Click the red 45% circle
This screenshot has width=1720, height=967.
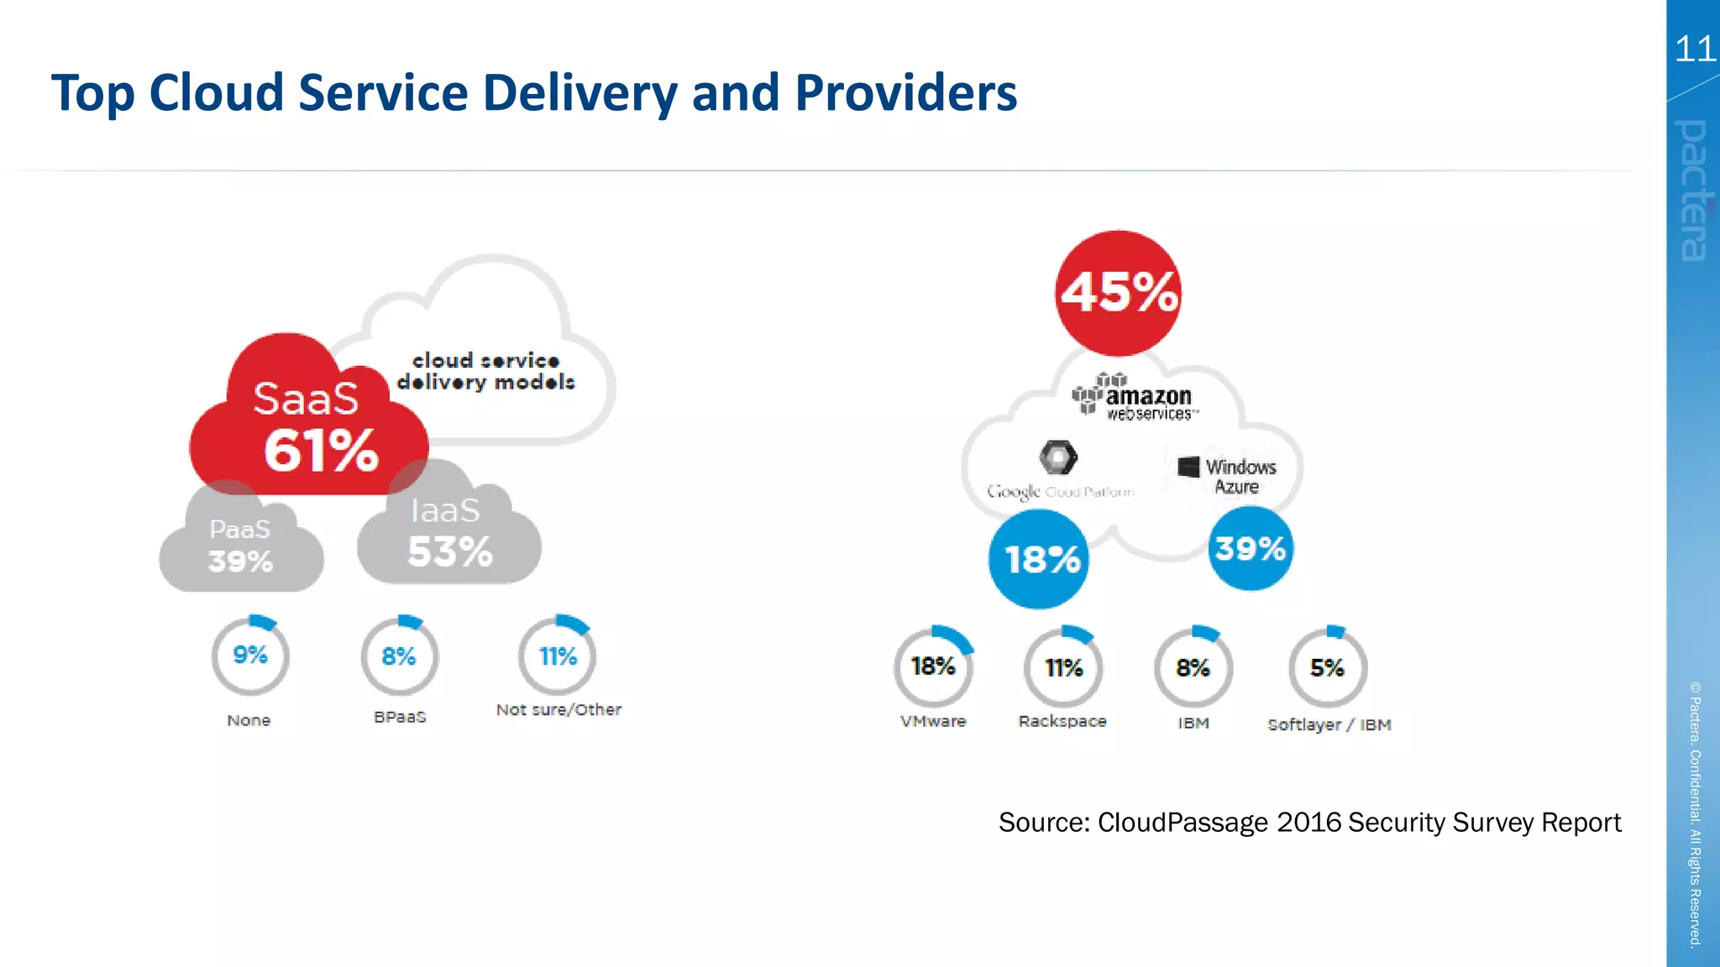pos(1118,293)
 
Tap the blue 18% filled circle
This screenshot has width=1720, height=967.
pos(1039,559)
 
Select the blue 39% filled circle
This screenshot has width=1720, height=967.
pos(1251,549)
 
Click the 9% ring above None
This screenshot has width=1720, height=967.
pos(250,656)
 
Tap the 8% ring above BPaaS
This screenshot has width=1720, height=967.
pos(399,656)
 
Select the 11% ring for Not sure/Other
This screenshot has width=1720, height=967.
pos(557,656)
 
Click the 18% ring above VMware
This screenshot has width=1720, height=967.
pos(933,667)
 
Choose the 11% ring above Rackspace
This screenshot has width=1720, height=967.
pos(1063,668)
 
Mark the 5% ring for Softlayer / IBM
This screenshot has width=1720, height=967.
pos(1327,668)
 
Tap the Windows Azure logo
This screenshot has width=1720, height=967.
pos(1229,476)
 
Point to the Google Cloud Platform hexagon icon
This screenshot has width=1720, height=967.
pos(1057,457)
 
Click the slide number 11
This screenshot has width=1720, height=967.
pos(1694,50)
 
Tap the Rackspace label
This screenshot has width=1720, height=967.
pos(1062,721)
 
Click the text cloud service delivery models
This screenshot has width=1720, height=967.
pos(485,372)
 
